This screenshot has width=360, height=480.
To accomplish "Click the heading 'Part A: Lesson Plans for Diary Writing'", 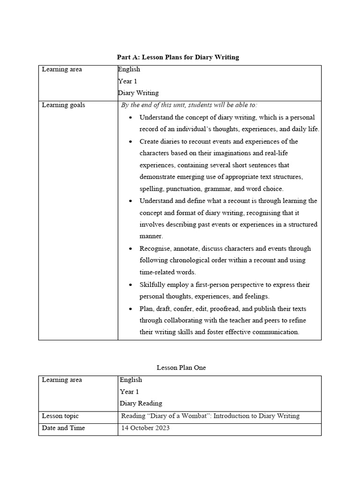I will point(178,57).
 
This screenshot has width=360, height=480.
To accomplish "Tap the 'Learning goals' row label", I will point(63,105).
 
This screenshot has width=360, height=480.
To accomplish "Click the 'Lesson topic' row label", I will point(60,416).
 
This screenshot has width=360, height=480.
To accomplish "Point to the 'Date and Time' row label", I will point(63,428).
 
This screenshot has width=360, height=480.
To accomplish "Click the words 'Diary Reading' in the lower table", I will point(141,403).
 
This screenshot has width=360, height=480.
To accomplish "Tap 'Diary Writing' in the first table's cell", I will point(139,93).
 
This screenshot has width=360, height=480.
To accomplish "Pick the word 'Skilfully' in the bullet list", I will point(152,285).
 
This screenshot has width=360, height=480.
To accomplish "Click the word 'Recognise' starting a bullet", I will point(155,248).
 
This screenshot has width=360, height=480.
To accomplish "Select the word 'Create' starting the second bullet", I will point(150,141).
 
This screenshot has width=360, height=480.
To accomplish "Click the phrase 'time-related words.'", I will point(168,272).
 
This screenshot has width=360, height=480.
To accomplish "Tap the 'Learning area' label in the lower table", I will point(62,380).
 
